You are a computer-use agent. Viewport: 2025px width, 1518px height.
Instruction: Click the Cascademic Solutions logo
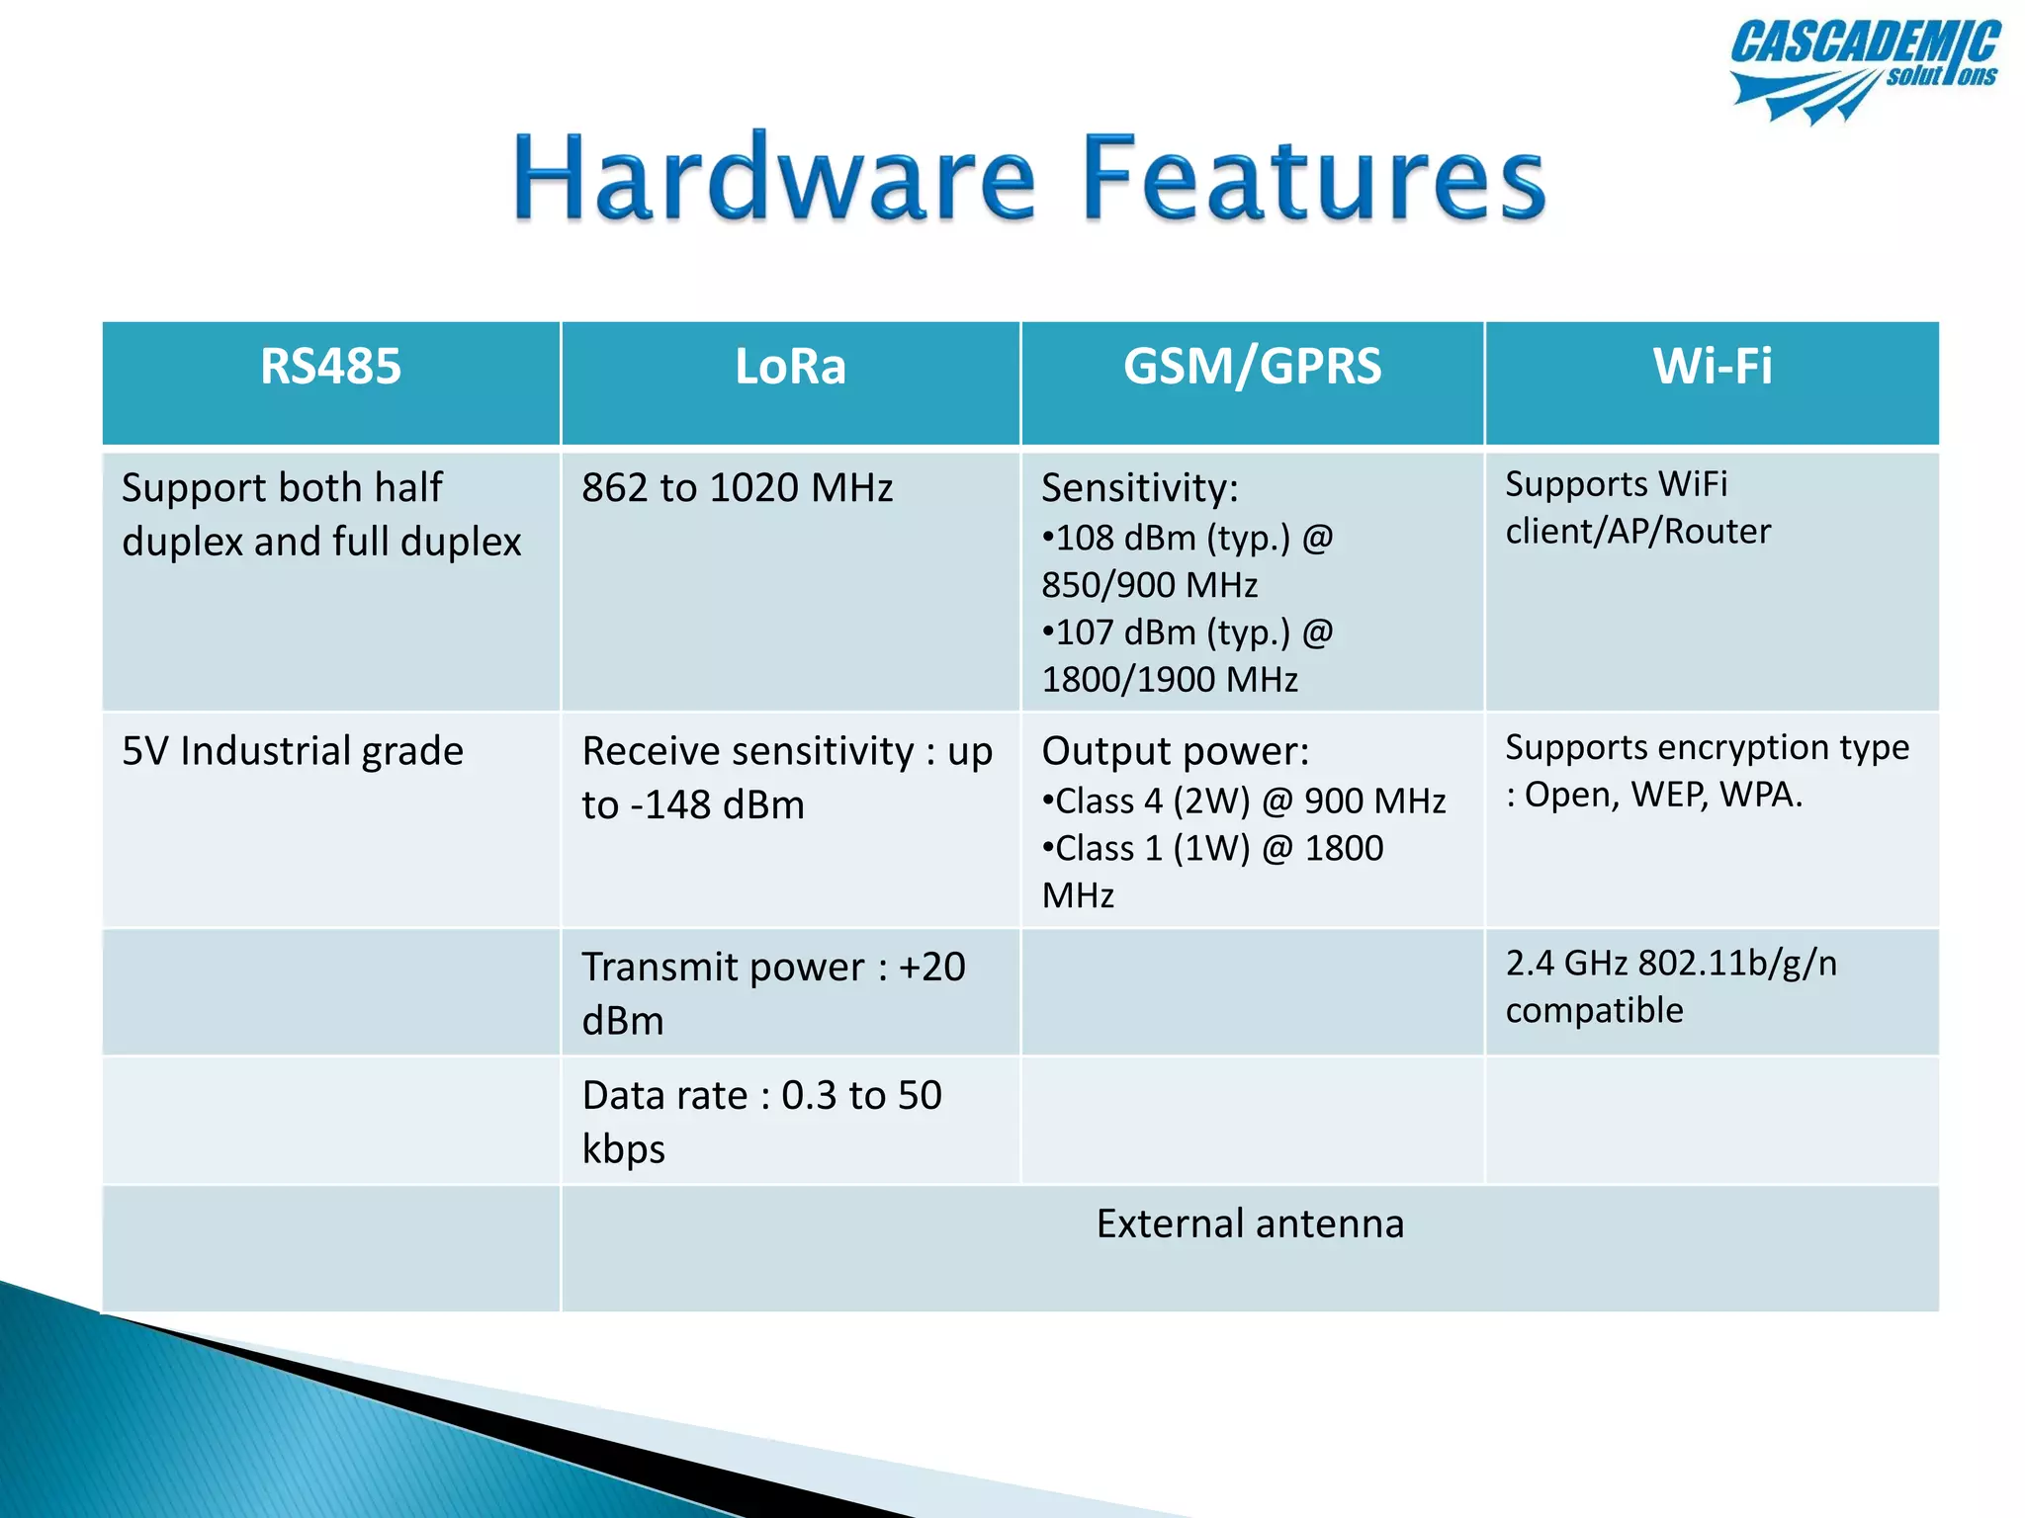tap(1864, 69)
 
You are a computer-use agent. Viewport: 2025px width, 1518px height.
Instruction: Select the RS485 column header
tap(330, 367)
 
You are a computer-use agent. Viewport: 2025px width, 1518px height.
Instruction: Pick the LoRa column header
tap(790, 367)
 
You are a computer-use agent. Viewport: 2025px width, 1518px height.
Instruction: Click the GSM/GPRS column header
tap(1252, 367)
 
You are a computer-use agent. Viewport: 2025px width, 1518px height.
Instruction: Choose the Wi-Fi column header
tap(1713, 367)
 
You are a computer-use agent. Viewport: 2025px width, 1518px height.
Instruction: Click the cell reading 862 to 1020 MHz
tap(737, 488)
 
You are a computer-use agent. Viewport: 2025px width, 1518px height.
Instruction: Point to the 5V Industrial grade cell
tap(293, 751)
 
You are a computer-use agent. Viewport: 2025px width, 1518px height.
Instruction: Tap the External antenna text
tap(1250, 1224)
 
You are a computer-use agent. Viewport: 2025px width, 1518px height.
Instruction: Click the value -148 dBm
tap(718, 805)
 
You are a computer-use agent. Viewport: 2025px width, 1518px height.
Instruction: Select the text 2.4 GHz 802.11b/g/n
tap(1671, 964)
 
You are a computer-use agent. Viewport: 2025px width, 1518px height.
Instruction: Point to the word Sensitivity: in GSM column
tap(1139, 488)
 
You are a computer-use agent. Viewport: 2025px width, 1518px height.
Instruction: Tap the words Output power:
tap(1175, 751)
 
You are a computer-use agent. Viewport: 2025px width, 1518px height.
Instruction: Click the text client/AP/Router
tap(1637, 532)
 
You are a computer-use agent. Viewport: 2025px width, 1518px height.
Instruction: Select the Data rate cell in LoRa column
tap(761, 1122)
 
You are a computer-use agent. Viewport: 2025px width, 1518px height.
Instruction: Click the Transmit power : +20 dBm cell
tap(773, 993)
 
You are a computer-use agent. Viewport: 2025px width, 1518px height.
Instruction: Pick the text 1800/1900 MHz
tap(1170, 680)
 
